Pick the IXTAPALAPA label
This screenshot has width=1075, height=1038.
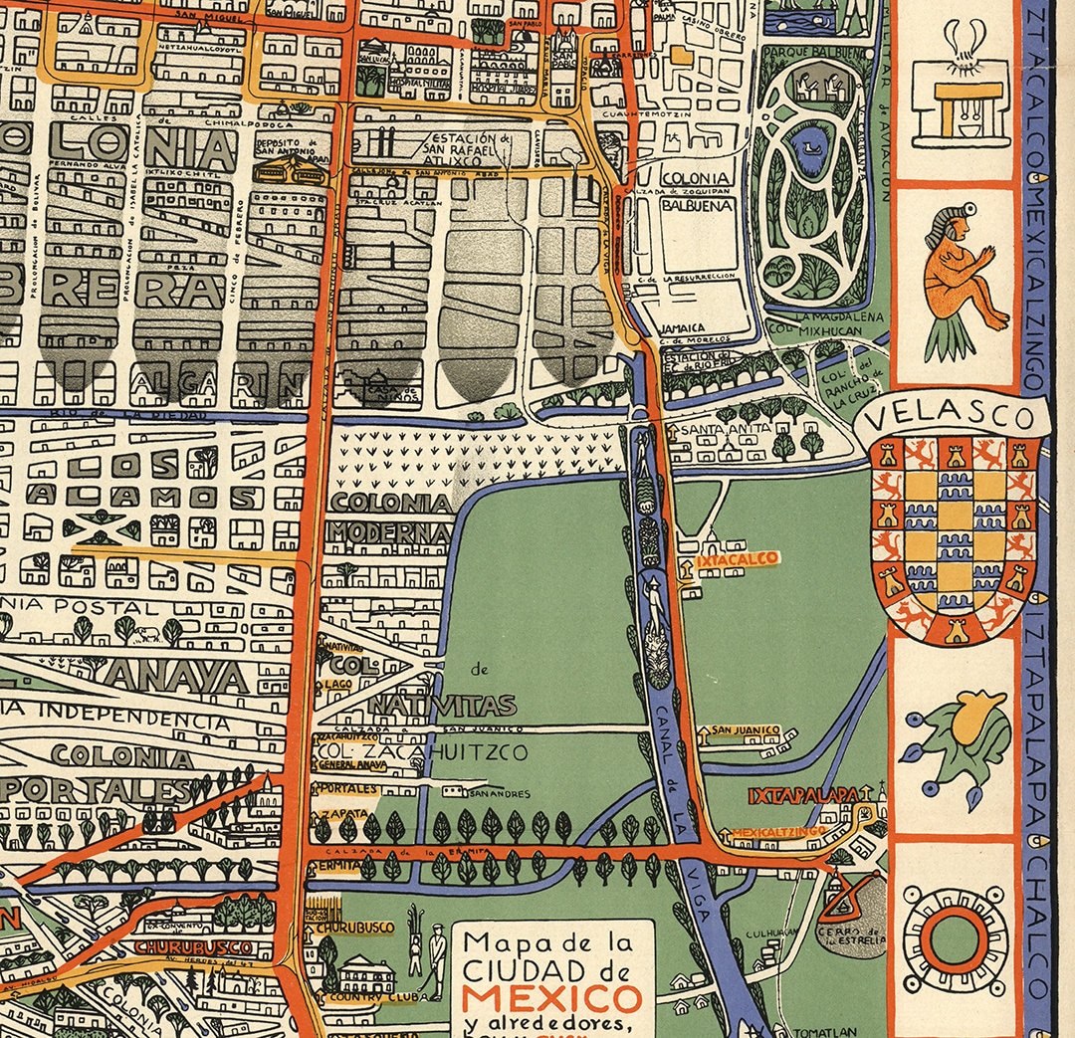(804, 796)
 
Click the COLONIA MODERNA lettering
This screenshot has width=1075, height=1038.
(391, 518)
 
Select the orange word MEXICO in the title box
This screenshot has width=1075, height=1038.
(551, 997)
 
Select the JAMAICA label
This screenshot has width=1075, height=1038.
(683, 326)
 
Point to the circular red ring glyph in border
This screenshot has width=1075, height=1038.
(954, 937)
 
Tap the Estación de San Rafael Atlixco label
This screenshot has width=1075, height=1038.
(470, 147)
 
